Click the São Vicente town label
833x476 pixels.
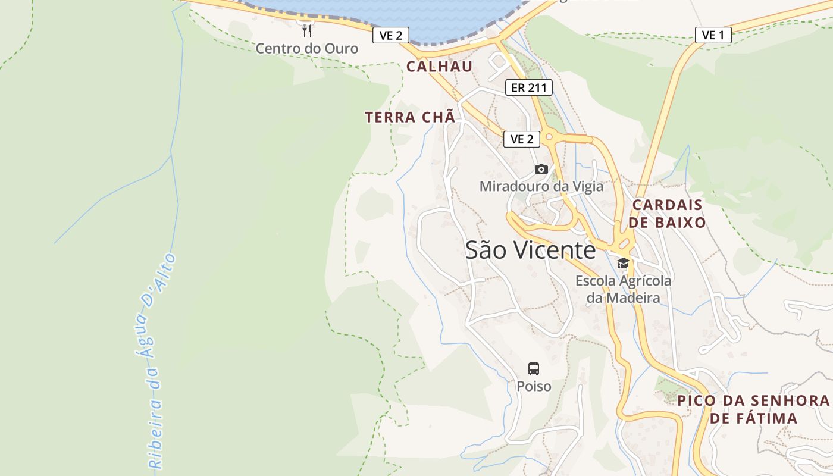(x=530, y=250)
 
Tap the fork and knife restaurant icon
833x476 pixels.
(x=307, y=30)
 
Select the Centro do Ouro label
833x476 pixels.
(x=307, y=49)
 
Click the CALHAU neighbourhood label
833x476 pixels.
(x=439, y=67)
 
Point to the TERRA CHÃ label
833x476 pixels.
(x=411, y=117)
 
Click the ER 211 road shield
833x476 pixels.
(x=528, y=88)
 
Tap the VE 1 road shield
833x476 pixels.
(x=713, y=35)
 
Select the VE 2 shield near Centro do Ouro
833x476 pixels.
(x=391, y=36)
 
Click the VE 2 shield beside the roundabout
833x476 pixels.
(x=522, y=139)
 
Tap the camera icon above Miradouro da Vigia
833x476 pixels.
(x=541, y=170)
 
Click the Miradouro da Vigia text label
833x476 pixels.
(x=541, y=186)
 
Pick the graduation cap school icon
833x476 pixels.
(x=623, y=263)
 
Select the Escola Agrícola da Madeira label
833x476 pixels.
(x=623, y=289)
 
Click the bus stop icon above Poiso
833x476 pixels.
(x=534, y=368)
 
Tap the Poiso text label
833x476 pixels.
(x=534, y=387)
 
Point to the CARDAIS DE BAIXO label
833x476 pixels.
(x=668, y=214)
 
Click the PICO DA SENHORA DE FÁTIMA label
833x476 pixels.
(x=754, y=409)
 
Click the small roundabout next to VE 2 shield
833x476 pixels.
(x=549, y=137)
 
